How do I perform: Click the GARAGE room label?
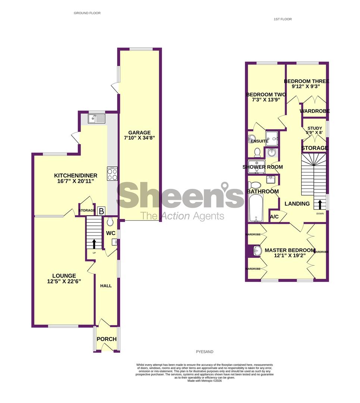pos(140,132)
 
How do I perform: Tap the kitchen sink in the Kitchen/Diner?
pos(97,119)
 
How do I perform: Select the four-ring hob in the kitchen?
pos(112,174)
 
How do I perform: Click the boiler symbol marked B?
pos(101,211)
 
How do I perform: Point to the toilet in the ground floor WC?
pos(110,222)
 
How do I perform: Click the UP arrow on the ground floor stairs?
pos(94,244)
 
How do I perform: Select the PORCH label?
pos(107,339)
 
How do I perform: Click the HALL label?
pos(106,285)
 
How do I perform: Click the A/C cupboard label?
pos(275,217)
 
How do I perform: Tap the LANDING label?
pos(297,204)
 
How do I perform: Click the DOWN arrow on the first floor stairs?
pos(320,205)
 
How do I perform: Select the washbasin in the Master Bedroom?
pos(256,251)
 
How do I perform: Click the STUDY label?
pos(315,128)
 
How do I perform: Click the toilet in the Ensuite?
pos(257,152)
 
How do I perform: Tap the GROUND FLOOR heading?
pos(87,13)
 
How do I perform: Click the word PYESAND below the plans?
pos(204,352)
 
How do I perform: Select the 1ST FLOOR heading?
pos(283,19)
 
